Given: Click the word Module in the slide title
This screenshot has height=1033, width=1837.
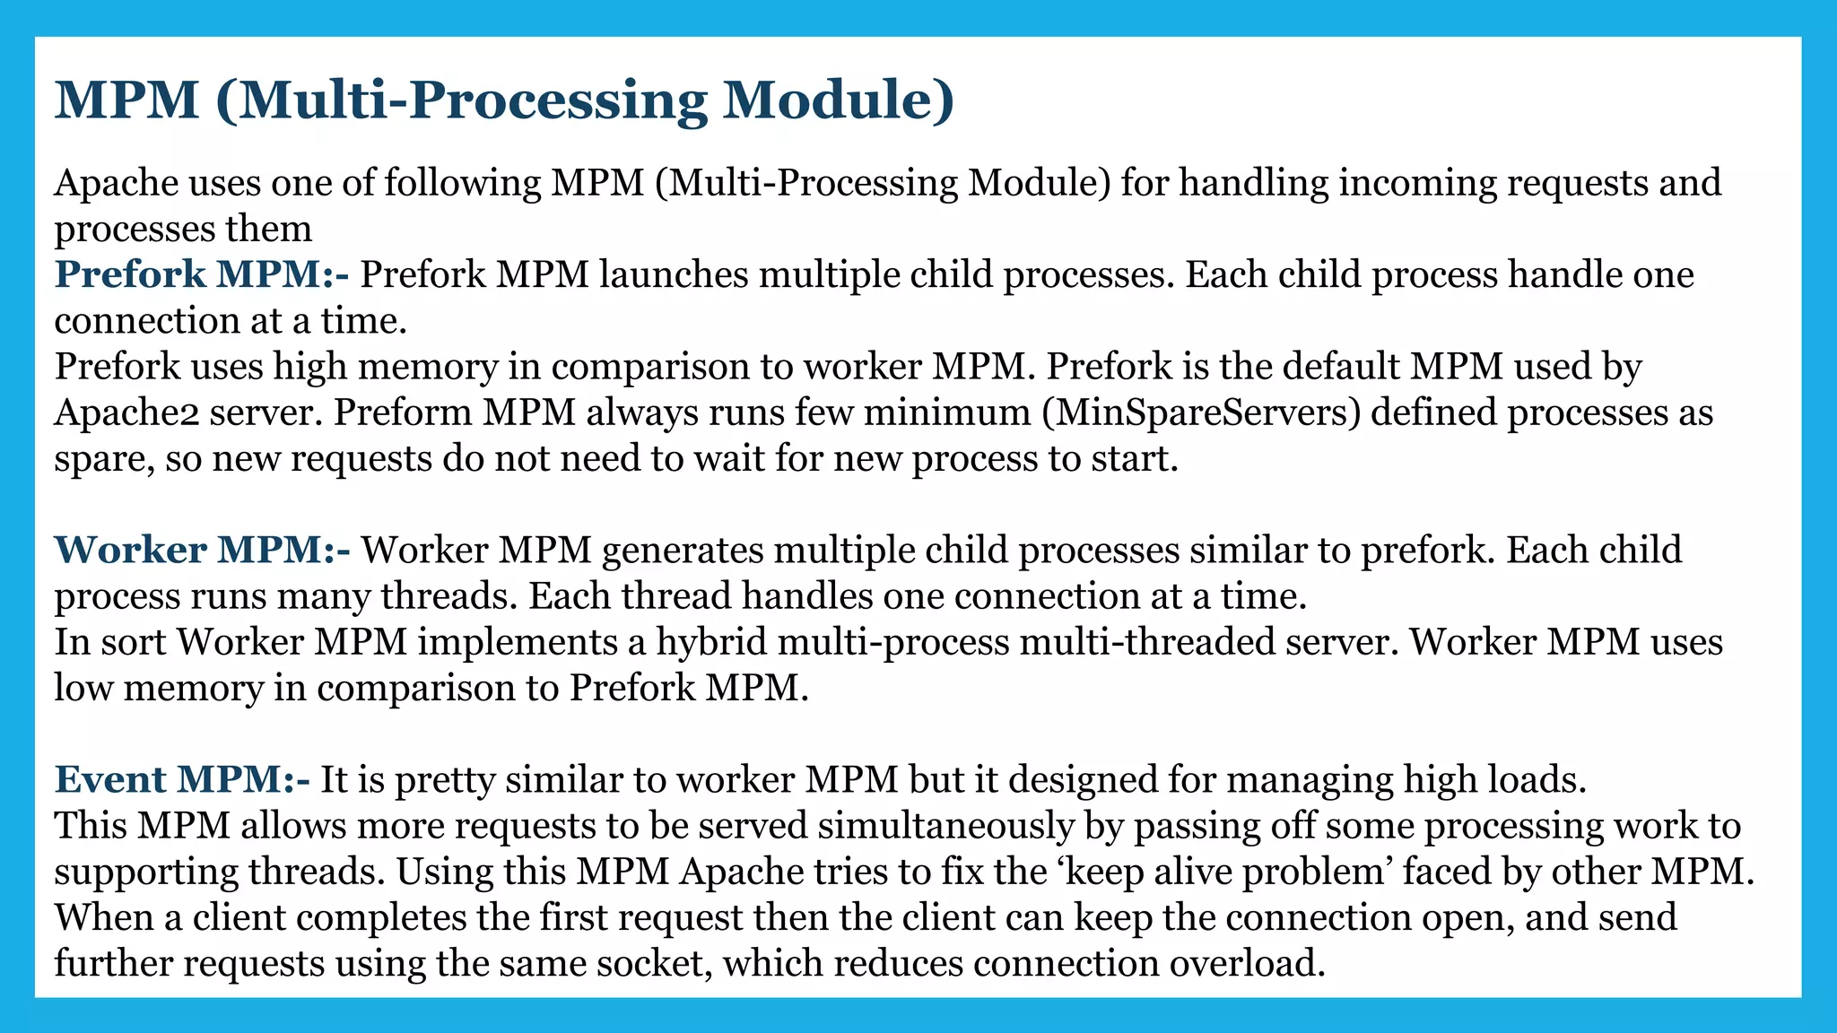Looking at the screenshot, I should pos(839,100).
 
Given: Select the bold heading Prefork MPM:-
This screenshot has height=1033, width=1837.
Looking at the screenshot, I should pos(202,274).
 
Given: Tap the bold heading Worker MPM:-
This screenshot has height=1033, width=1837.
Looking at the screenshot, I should pos(203,550).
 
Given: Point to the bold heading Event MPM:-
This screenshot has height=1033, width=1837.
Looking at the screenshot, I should pos(182,779).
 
